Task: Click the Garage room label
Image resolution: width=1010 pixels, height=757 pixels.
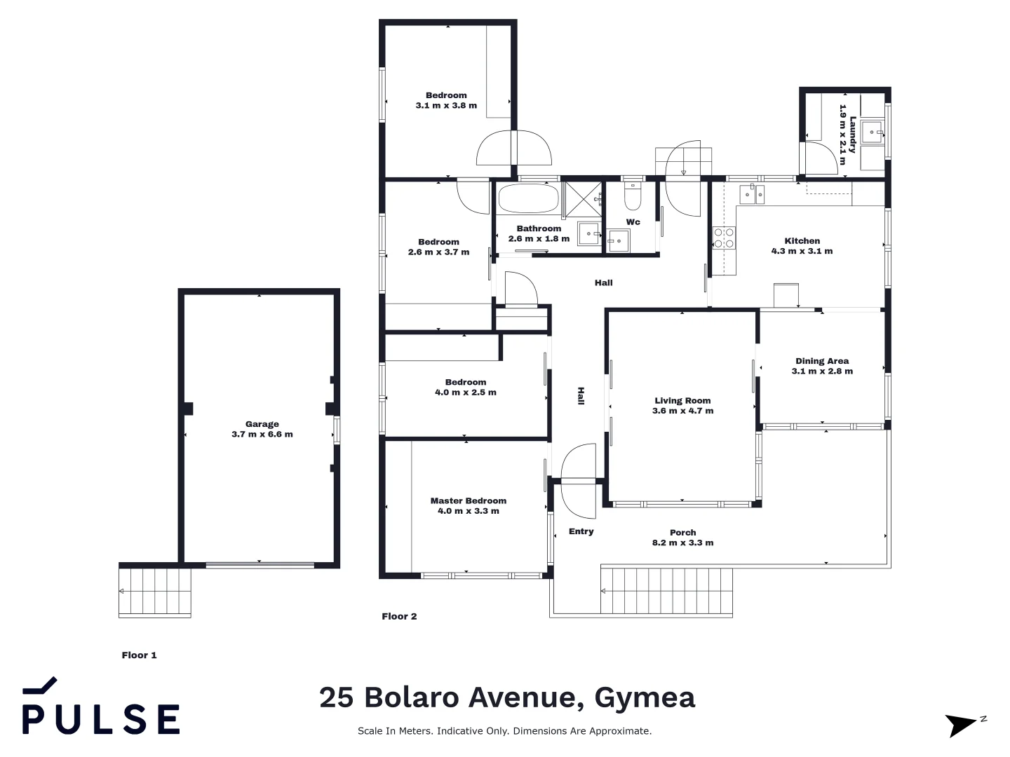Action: (262, 424)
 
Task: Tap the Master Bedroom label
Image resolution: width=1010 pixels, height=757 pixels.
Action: (469, 500)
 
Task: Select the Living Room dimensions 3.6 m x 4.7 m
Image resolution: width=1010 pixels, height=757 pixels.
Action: (682, 411)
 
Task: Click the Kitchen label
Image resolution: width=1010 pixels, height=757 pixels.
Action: (802, 240)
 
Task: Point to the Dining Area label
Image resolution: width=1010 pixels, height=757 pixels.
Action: (822, 361)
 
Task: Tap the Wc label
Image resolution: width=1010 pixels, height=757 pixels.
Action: (633, 222)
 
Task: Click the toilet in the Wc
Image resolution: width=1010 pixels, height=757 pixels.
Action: (633, 198)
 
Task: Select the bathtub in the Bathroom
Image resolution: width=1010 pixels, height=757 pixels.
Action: (528, 198)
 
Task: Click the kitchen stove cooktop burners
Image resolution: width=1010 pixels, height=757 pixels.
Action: (724, 238)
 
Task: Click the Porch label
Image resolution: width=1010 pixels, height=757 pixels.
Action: (682, 533)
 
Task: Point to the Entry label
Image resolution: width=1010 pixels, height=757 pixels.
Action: (581, 531)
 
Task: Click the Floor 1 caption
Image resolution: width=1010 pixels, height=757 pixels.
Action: (140, 655)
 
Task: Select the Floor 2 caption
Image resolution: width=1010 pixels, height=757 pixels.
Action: (399, 616)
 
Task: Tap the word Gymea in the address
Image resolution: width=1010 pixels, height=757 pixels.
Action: (645, 697)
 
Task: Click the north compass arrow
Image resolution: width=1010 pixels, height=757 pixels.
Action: (962, 724)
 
